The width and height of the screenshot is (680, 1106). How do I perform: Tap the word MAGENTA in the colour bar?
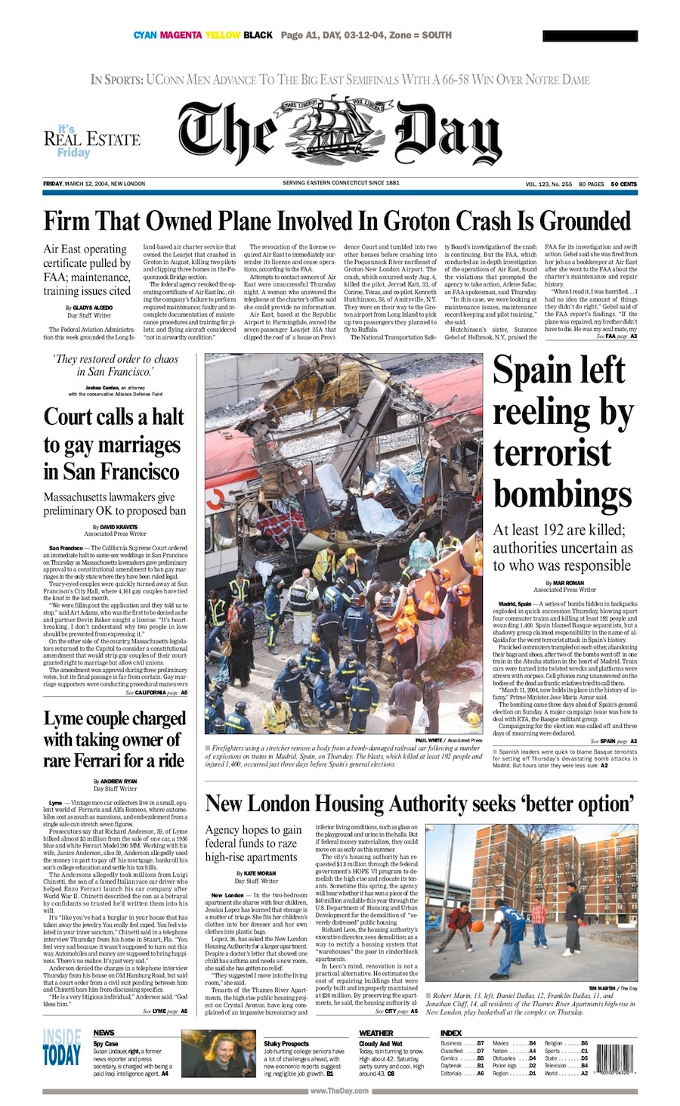pyautogui.click(x=181, y=35)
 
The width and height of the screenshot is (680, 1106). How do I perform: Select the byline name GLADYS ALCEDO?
pyautogui.click(x=92, y=308)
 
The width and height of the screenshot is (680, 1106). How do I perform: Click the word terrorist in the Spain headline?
pyautogui.click(x=552, y=454)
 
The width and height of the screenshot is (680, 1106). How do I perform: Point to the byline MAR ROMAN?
pyautogui.click(x=568, y=583)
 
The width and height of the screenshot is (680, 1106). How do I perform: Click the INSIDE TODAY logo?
pyautogui.click(x=61, y=1047)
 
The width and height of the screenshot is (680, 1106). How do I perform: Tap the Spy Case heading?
pyautogui.click(x=105, y=1043)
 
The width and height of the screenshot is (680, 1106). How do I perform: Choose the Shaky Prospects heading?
pyautogui.click(x=286, y=1043)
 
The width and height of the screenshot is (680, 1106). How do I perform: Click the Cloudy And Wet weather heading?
pyautogui.click(x=381, y=1043)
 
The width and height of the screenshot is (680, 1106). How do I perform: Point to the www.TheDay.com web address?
pyautogui.click(x=339, y=1090)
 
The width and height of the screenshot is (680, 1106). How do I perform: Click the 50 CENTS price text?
pyautogui.click(x=623, y=184)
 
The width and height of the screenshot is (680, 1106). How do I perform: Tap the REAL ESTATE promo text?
pyautogui.click(x=91, y=139)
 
